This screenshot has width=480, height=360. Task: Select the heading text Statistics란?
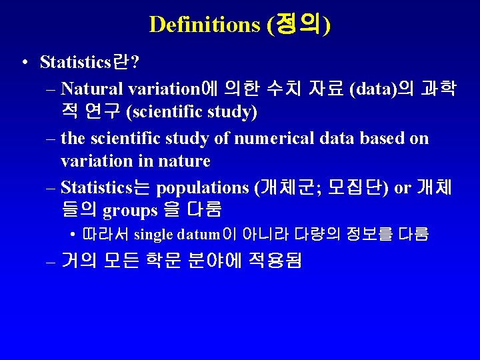click(x=89, y=62)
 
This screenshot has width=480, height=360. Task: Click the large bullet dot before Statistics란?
click(x=23, y=63)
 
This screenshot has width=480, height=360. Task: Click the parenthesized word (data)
click(x=373, y=88)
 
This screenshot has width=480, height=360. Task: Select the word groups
click(x=129, y=211)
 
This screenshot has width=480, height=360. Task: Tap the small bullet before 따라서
click(x=71, y=235)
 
